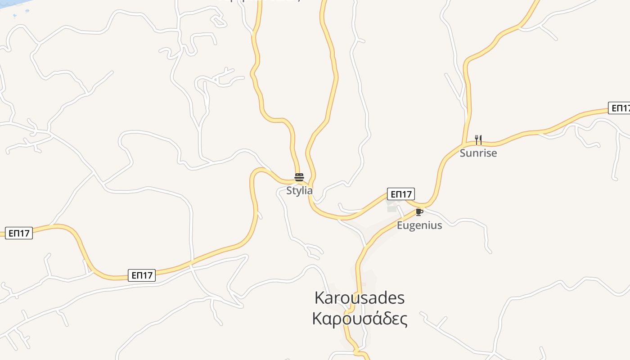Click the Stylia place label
[299, 190]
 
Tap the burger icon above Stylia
[299, 177]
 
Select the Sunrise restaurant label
[478, 153]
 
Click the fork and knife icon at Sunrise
[478, 140]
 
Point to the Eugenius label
[419, 225]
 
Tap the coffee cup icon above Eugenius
[419, 212]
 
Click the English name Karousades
[359, 298]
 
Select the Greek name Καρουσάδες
[360, 319]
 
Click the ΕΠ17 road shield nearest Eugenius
[401, 194]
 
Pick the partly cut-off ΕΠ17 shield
[620, 108]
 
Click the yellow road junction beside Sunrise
[463, 144]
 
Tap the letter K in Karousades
[319, 298]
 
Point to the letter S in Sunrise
[463, 153]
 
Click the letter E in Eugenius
[400, 225]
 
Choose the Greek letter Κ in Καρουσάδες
[317, 319]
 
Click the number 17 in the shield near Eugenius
[406, 194]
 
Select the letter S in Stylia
[289, 190]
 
